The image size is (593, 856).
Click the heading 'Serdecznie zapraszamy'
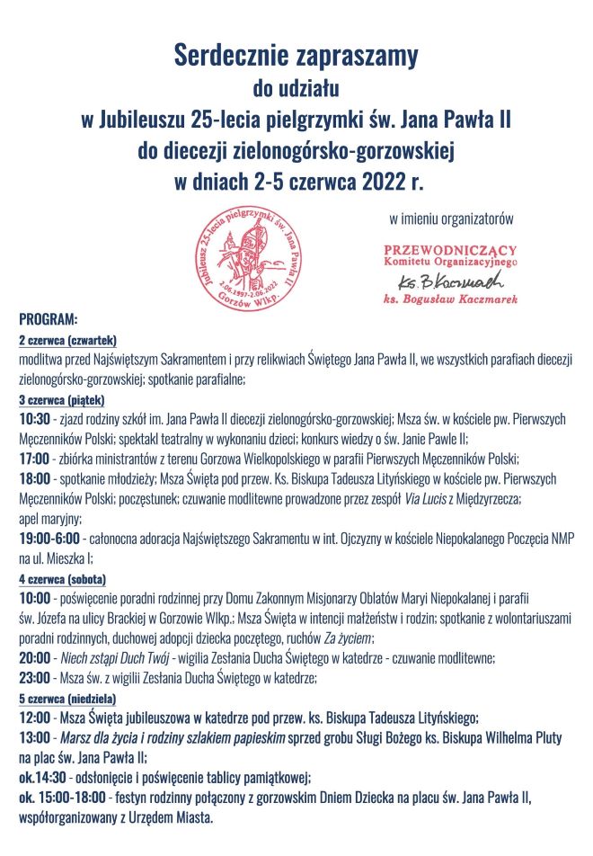click(x=296, y=57)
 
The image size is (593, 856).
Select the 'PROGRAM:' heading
click(x=49, y=320)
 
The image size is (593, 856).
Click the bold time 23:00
click(x=35, y=678)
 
